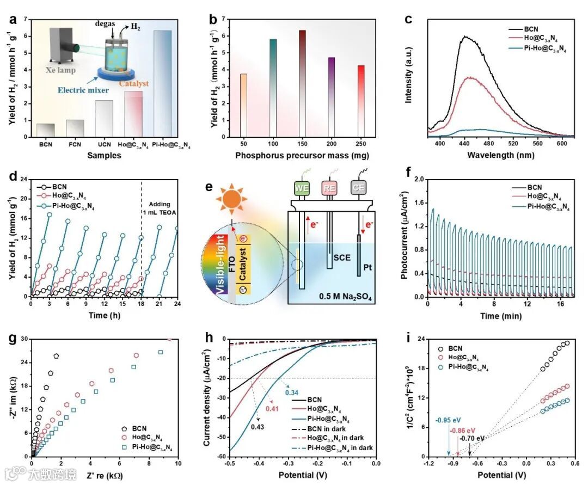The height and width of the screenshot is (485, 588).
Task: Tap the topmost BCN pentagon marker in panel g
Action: pyautogui.click(x=56, y=356)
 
